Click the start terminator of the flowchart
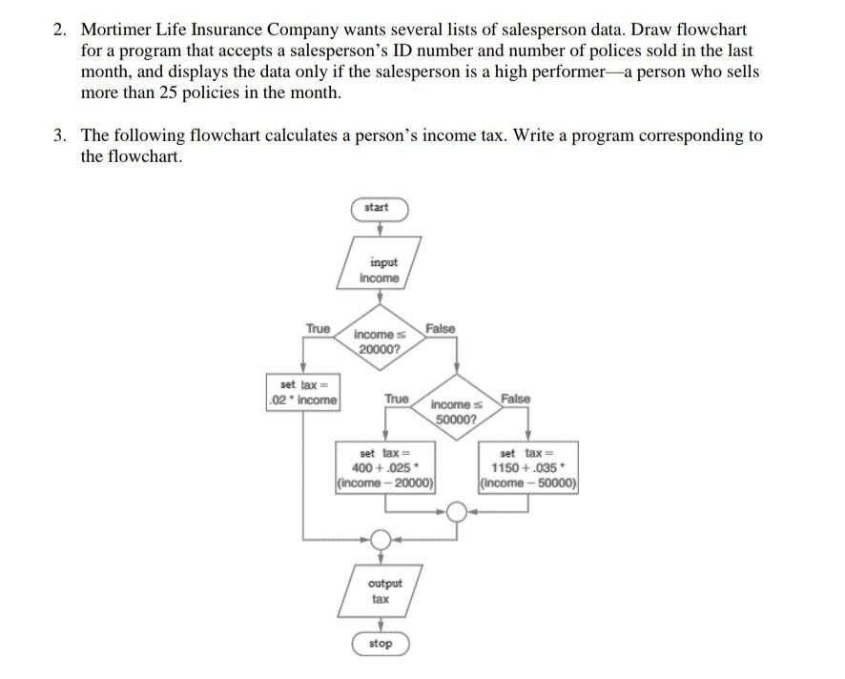[x=380, y=208]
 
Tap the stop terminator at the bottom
[x=380, y=644]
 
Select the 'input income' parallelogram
[x=380, y=270]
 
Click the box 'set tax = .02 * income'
[x=303, y=392]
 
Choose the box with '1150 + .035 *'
[x=529, y=468]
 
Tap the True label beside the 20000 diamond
[x=318, y=329]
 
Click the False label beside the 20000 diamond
[x=440, y=329]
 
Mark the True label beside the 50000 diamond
[x=396, y=399]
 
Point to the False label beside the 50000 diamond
[x=516, y=399]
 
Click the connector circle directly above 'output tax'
[x=380, y=540]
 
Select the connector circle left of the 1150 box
[x=457, y=513]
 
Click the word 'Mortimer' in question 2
[x=116, y=31]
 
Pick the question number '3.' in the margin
[x=60, y=135]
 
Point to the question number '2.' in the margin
[x=60, y=31]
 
